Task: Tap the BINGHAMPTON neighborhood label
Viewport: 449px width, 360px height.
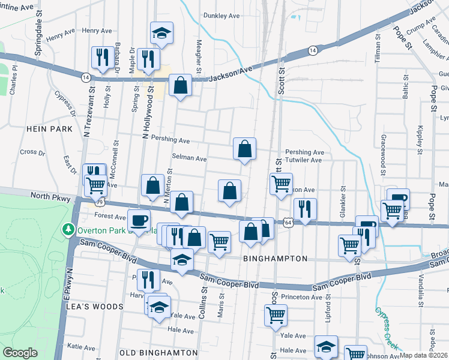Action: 276,259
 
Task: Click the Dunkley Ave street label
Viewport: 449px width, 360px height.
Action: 221,16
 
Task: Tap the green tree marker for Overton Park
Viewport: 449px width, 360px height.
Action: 69,230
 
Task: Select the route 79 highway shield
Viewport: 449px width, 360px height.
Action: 100,201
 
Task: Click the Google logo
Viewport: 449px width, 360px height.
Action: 20,353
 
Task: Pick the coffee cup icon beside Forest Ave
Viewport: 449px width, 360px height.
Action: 139,220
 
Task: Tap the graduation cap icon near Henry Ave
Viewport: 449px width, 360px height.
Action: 161,32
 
